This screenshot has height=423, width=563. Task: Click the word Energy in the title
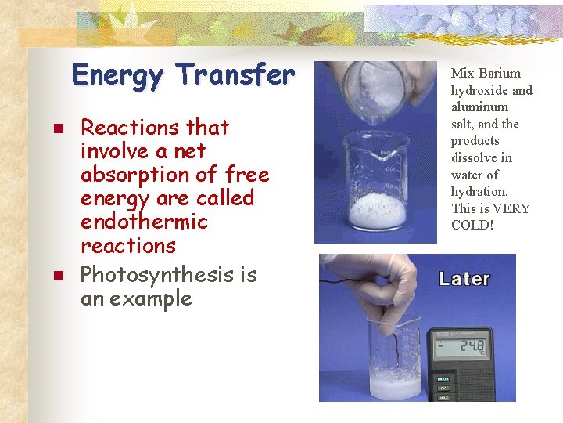[x=118, y=76]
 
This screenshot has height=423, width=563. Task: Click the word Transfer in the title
[x=235, y=75]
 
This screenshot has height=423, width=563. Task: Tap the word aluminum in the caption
[x=479, y=107]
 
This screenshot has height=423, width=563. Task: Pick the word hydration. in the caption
[x=479, y=191]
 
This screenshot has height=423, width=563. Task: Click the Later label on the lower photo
[x=464, y=278]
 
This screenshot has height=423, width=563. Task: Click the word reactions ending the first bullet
[x=128, y=245]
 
